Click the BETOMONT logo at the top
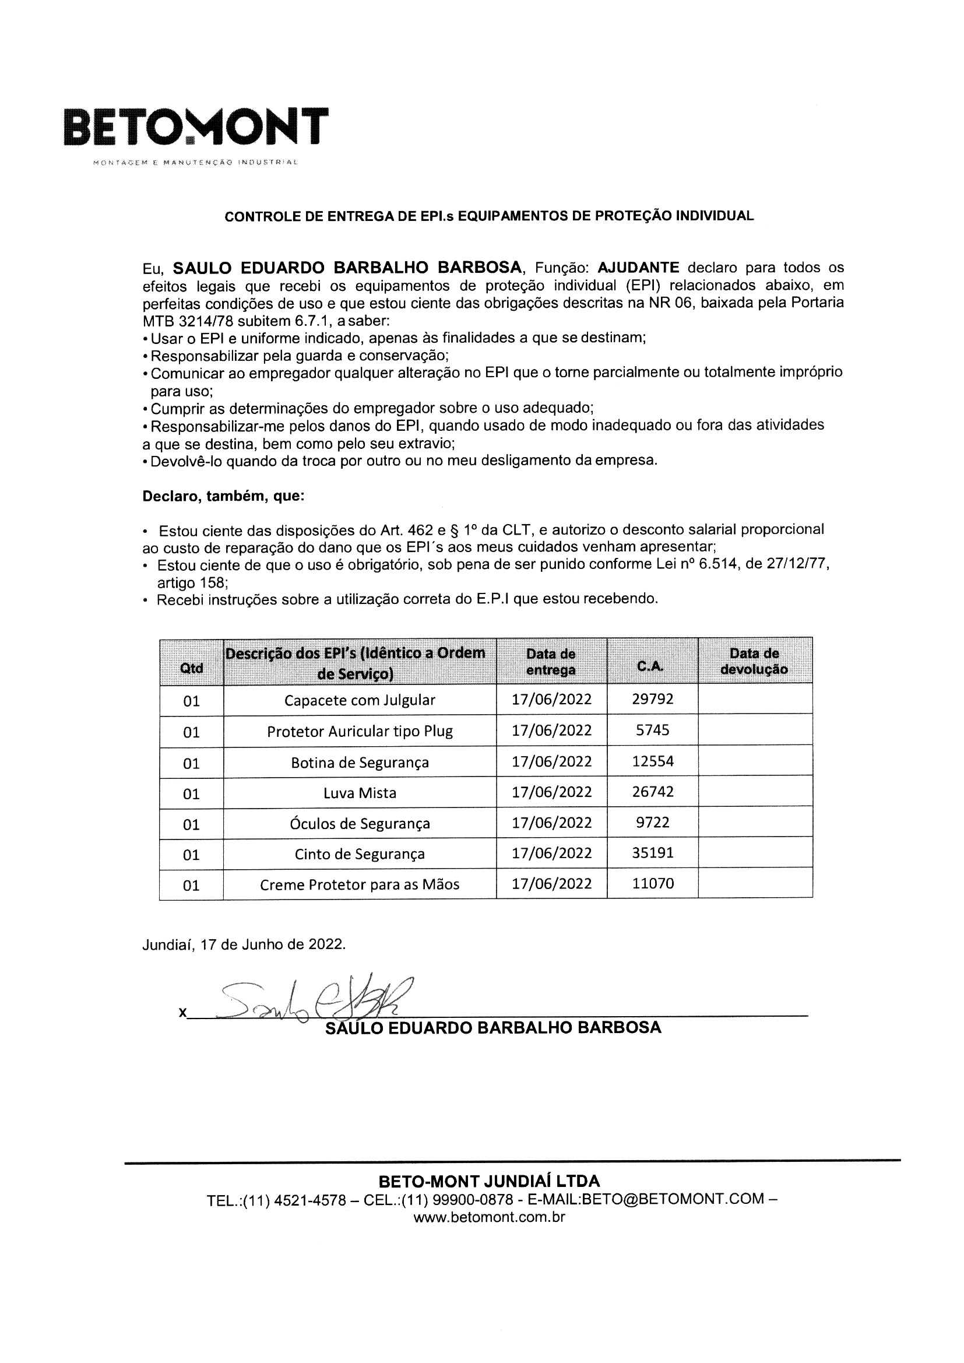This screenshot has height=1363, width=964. (195, 127)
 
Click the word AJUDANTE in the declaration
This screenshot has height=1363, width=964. (638, 268)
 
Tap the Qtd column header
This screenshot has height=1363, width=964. (191, 669)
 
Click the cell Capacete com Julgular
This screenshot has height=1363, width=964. (360, 701)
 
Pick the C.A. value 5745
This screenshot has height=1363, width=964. (652, 730)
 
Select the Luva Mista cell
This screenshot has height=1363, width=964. (360, 793)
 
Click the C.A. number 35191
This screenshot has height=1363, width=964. (652, 853)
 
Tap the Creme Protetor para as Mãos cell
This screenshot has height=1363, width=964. (360, 884)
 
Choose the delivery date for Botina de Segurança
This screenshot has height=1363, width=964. (551, 761)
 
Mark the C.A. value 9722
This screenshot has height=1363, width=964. (652, 822)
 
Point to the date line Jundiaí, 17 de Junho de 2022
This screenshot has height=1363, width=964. (244, 944)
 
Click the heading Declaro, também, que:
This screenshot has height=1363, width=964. (223, 496)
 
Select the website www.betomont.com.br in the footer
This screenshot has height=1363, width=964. (488, 1218)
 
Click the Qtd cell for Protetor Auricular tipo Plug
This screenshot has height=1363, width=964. (191, 733)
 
